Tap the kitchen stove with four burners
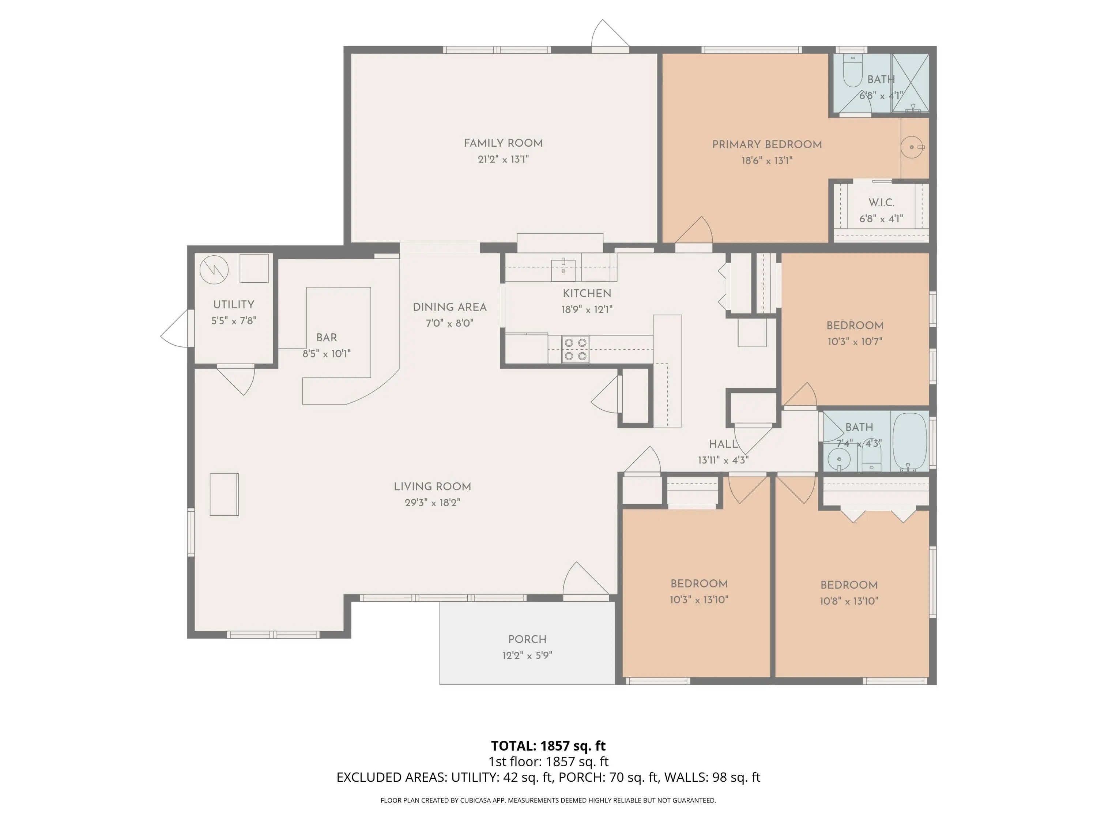pyautogui.click(x=575, y=349)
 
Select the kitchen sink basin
pyautogui.click(x=563, y=270)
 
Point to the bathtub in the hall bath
pyautogui.click(x=910, y=441)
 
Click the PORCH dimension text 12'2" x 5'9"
pyautogui.click(x=527, y=655)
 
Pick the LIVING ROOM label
pyautogui.click(x=433, y=486)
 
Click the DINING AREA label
pyautogui.click(x=450, y=307)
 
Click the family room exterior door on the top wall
pyautogui.click(x=610, y=35)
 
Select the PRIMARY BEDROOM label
pyautogui.click(x=767, y=144)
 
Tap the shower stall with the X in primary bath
pyautogui.click(x=911, y=83)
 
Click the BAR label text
pyautogui.click(x=327, y=337)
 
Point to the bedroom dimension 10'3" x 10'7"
pyautogui.click(x=855, y=341)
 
